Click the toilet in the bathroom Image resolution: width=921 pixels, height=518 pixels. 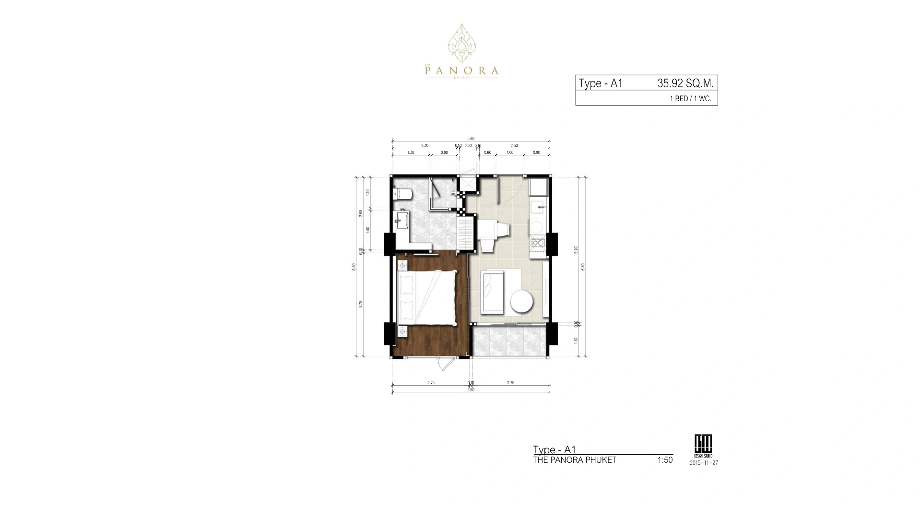click(402, 194)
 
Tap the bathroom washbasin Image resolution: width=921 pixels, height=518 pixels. click(401, 221)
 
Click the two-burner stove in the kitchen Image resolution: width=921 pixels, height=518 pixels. click(537, 242)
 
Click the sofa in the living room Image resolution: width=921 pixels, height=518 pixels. click(492, 291)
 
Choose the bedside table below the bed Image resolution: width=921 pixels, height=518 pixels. click(401, 330)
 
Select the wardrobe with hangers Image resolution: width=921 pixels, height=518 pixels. click(466, 233)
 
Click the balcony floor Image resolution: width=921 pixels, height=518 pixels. click(508, 341)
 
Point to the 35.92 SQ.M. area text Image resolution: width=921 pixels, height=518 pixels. click(685, 83)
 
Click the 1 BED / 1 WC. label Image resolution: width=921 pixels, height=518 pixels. click(690, 99)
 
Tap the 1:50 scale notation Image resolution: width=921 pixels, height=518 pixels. click(665, 460)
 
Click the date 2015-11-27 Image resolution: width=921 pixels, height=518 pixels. click(704, 463)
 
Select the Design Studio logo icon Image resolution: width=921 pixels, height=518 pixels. click(704, 443)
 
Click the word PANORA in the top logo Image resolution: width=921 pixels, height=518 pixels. click(461, 71)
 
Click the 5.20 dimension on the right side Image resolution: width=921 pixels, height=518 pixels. click(576, 249)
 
